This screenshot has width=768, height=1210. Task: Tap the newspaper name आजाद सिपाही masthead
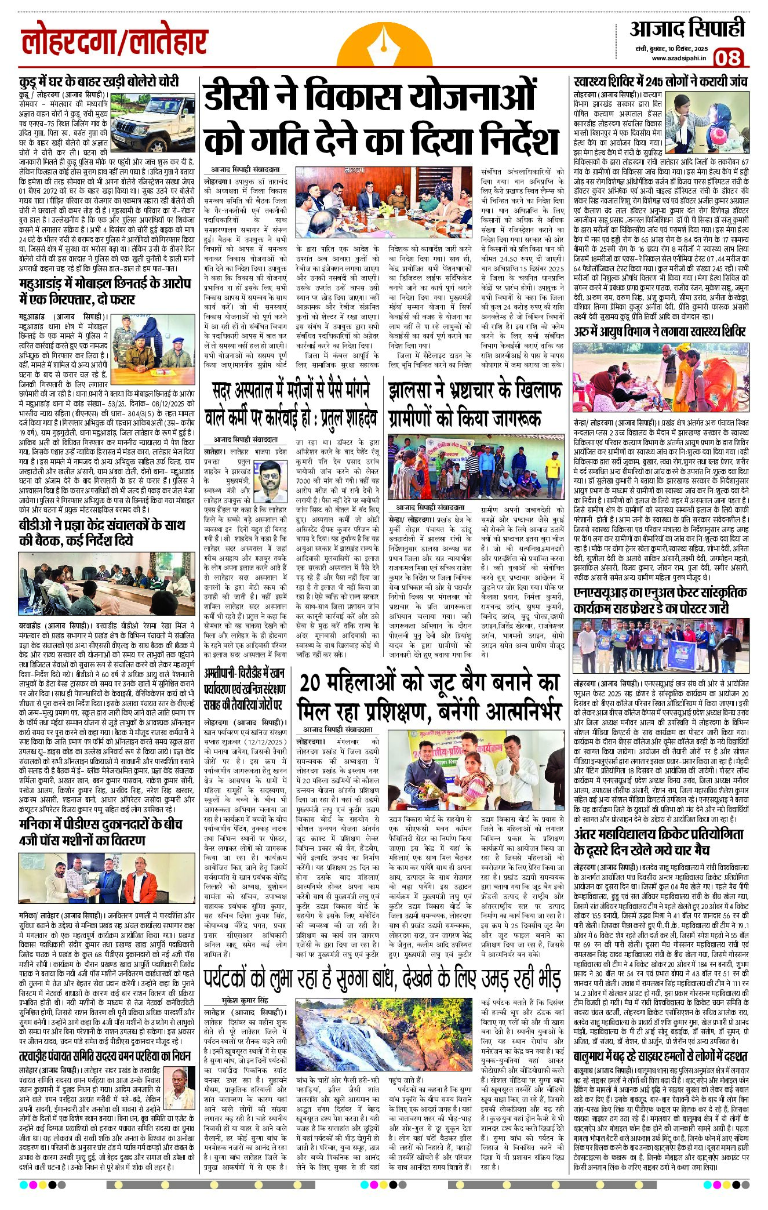[x=687, y=29]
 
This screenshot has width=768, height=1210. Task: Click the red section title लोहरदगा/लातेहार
[x=114, y=43]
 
